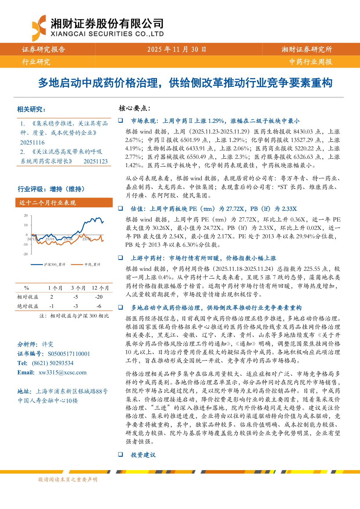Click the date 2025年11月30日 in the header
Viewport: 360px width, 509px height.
point(177,49)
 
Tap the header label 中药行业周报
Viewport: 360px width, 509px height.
point(311,62)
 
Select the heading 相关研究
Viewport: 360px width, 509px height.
point(31,109)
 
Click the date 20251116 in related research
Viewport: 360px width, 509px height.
point(32,142)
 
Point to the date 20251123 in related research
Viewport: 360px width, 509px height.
point(95,161)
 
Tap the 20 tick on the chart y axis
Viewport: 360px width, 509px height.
point(26,216)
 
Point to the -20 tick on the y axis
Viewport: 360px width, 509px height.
point(26,254)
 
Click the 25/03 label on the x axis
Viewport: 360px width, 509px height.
point(50,239)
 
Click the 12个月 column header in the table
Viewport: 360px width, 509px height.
point(100,288)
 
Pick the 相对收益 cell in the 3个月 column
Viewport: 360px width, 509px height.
point(75,297)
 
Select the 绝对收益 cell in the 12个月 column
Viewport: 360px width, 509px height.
point(99,306)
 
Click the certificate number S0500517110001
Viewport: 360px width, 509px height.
point(69,354)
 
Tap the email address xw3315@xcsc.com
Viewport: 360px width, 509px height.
point(62,372)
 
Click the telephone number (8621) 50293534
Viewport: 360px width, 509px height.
point(53,363)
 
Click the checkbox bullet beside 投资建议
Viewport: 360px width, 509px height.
point(120,454)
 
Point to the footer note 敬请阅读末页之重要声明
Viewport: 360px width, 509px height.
point(68,480)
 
